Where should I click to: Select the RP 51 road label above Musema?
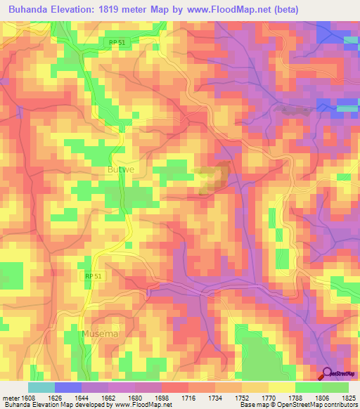pyautogui.click(x=93, y=277)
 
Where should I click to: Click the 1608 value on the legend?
pyautogui.click(x=30, y=398)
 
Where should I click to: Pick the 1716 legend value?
pyautogui.click(x=188, y=398)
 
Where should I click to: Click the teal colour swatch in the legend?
pyautogui.click(x=41, y=387)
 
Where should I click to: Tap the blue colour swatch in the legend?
pyautogui.click(x=67, y=387)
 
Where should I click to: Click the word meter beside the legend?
pyautogui.click(x=11, y=398)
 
